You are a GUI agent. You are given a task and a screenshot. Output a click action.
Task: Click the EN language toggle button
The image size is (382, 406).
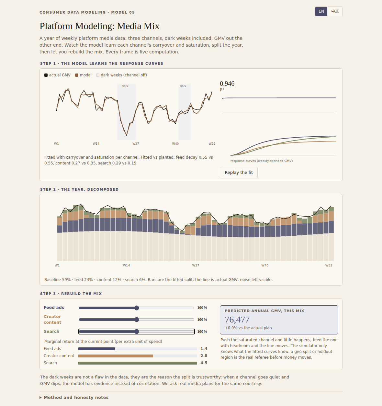tap(321, 11)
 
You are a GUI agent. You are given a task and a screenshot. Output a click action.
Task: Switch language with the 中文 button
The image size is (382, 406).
tap(335, 11)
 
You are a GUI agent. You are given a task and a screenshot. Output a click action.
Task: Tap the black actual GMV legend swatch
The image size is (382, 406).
tap(46, 75)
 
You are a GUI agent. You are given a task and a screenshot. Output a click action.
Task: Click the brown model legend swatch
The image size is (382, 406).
tap(77, 75)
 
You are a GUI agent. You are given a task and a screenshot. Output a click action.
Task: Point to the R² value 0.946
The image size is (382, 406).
tap(227, 84)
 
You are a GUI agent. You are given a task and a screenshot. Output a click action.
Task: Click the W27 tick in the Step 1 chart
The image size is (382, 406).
tap(136, 144)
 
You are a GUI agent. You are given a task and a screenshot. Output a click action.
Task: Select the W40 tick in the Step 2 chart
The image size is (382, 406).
tap(265, 265)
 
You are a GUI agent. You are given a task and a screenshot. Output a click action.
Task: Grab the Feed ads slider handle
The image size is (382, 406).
tap(137, 308)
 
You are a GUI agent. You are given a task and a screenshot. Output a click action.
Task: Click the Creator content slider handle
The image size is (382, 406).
tap(137, 320)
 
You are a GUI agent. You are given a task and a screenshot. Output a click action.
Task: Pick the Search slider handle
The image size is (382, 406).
tap(137, 332)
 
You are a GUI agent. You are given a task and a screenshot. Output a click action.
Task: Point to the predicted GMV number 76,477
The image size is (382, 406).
tap(237, 320)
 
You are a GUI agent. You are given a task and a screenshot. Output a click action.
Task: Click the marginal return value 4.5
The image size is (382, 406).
tap(204, 363)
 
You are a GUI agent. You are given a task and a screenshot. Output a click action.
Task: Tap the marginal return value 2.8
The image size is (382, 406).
tap(204, 356)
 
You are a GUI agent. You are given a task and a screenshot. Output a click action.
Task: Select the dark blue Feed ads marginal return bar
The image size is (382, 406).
tap(96, 349)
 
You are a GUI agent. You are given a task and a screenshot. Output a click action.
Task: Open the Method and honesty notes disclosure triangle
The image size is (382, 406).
tap(40, 397)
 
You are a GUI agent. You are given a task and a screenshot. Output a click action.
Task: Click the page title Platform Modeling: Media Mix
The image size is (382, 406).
tap(99, 26)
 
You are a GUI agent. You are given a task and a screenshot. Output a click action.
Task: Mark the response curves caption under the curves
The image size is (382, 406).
tap(262, 161)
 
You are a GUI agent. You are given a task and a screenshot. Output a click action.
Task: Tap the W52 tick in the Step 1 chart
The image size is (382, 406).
tap(212, 144)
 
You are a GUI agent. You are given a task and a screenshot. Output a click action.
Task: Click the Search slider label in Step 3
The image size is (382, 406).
tap(51, 332)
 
